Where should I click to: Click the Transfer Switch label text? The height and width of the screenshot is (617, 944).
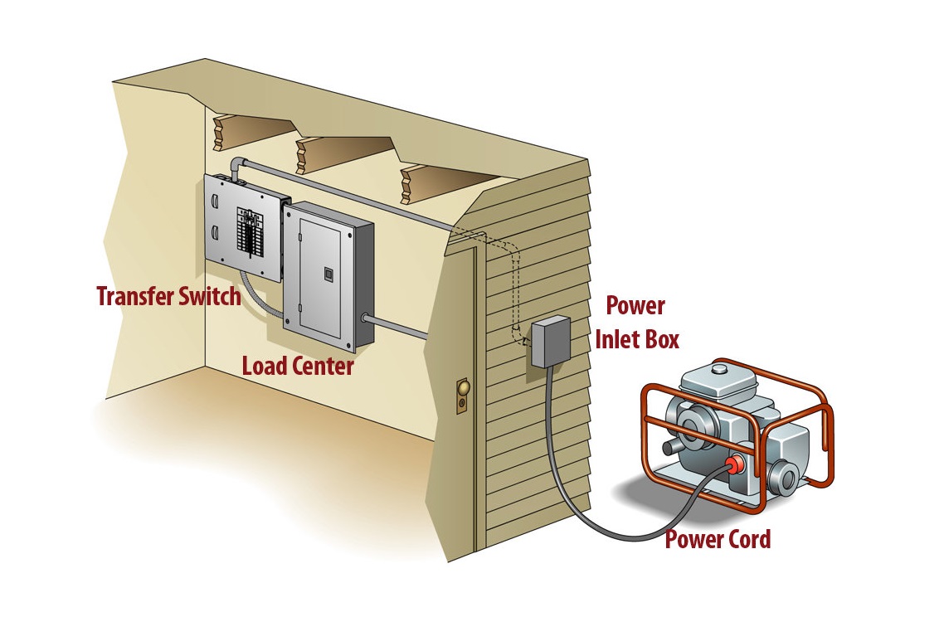coord(168,296)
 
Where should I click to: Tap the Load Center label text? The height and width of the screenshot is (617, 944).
coord(298,366)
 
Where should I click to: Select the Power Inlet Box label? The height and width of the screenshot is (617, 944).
coord(635,323)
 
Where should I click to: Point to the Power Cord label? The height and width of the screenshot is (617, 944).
coord(718,540)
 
